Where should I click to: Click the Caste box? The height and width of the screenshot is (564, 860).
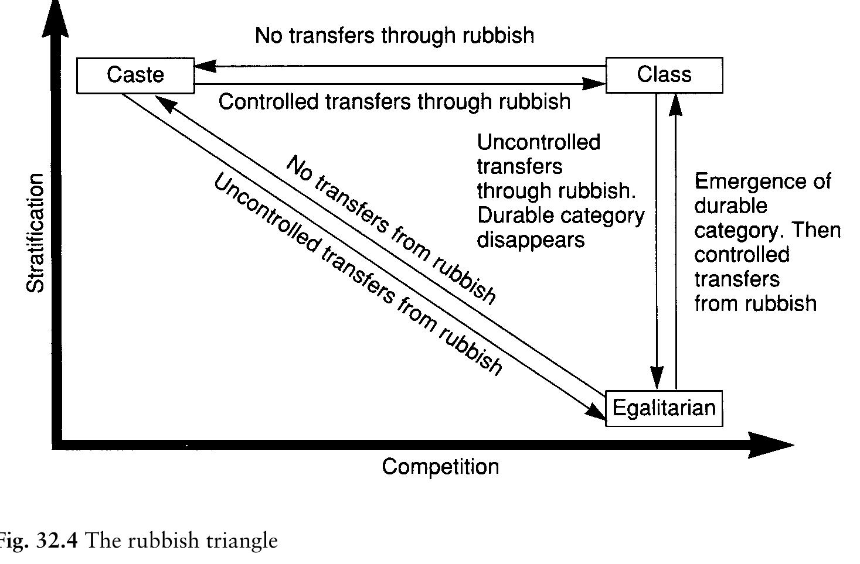[135, 75]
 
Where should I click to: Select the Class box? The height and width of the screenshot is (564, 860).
[664, 75]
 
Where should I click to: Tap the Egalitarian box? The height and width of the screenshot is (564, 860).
[664, 408]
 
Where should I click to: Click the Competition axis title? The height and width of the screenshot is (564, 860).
[440, 467]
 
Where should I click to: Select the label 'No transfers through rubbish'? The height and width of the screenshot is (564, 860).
[395, 36]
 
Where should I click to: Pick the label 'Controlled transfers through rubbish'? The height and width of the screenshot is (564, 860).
[395, 102]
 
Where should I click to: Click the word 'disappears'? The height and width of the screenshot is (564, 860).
[531, 240]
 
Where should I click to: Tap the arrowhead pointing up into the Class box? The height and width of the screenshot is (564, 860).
[676, 104]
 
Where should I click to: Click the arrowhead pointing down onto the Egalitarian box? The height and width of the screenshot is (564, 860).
[657, 378]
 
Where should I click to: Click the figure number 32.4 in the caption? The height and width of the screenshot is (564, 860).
[56, 540]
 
